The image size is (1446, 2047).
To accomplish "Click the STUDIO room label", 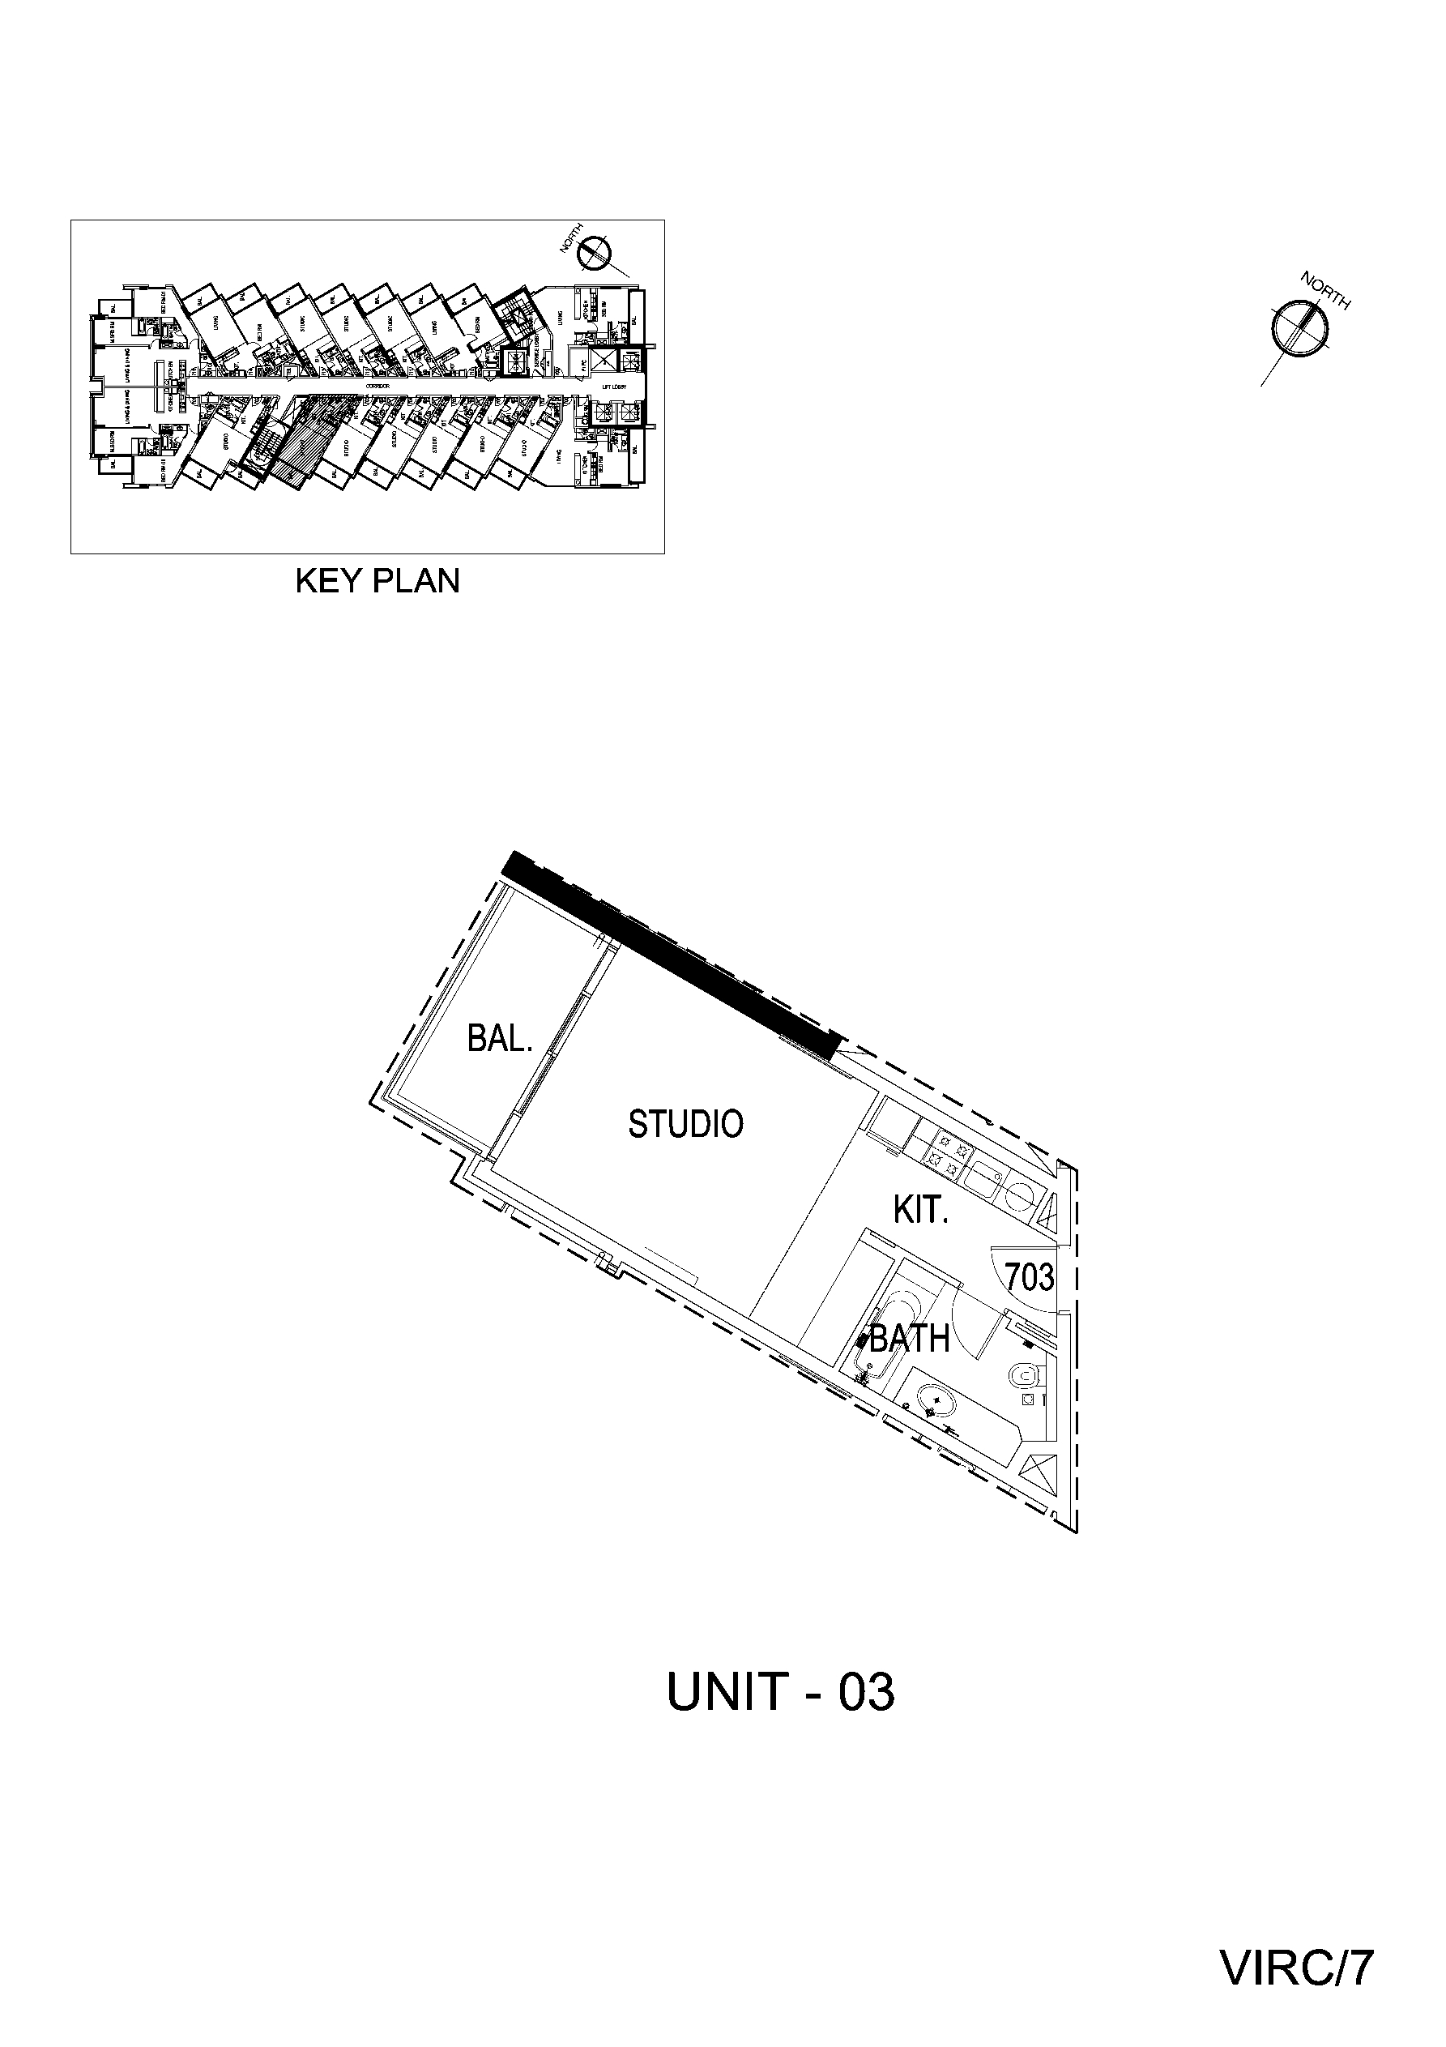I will (x=685, y=1124).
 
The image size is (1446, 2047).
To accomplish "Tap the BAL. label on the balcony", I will (x=499, y=1039).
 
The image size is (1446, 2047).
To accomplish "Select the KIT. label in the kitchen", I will (x=919, y=1210).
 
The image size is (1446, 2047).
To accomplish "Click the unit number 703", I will (x=1030, y=1278).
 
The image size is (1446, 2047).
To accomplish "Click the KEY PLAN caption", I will (x=377, y=581).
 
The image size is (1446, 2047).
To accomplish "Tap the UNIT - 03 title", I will (x=780, y=1691).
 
